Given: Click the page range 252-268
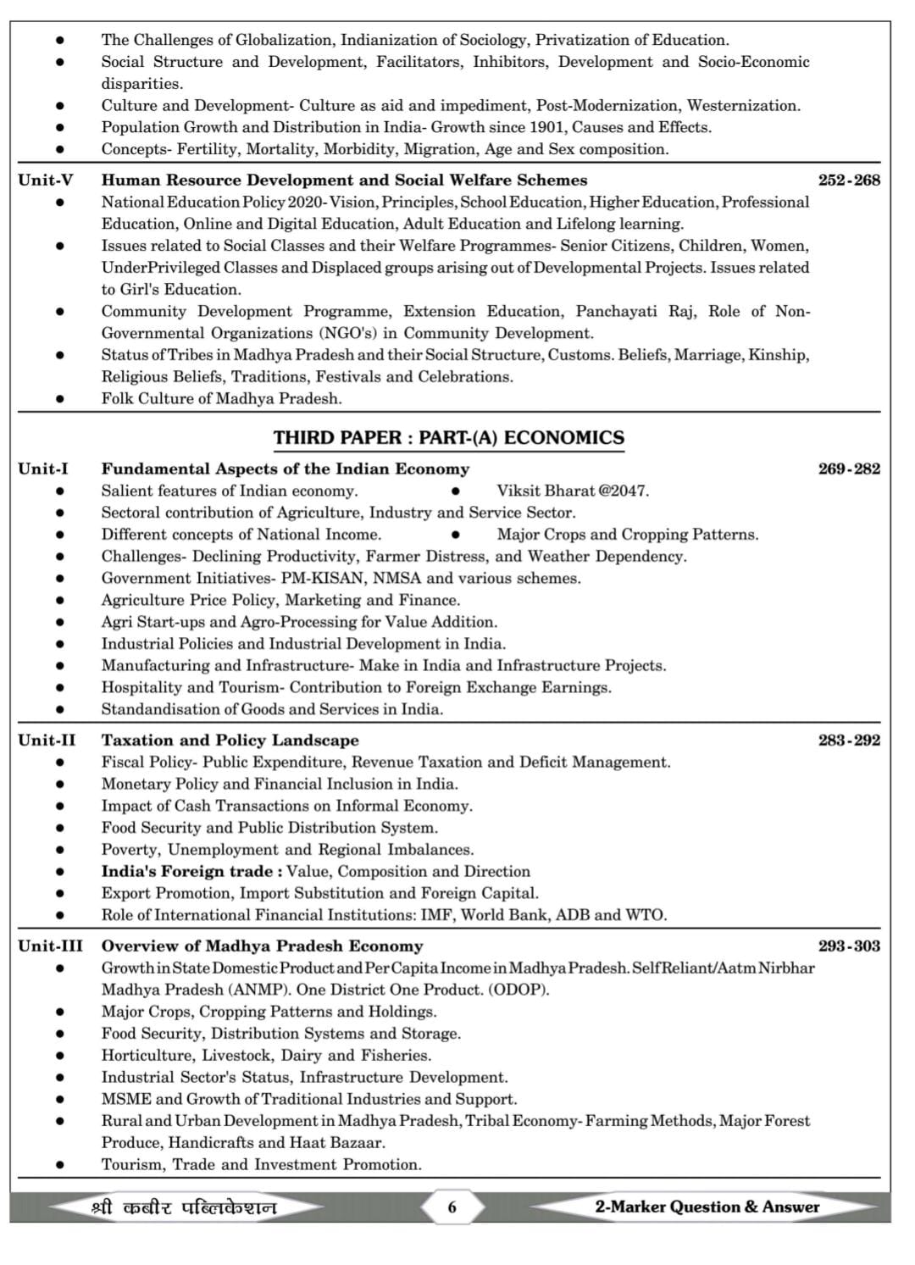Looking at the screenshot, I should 849,180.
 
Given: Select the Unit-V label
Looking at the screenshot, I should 46,180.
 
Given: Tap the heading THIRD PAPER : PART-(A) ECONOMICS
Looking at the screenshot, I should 448,438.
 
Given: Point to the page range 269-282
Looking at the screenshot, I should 849,469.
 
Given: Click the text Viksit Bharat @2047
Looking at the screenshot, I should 573,491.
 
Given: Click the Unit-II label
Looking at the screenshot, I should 47,741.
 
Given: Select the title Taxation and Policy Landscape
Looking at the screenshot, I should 230,741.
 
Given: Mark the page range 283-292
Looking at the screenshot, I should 849,741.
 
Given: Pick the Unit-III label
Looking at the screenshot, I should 50,946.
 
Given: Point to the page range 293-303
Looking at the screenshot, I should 849,946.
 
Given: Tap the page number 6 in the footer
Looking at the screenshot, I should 452,1207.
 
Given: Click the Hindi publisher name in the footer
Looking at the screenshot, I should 184,1207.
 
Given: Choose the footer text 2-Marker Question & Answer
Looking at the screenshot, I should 707,1207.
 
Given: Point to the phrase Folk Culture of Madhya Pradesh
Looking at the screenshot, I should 221,399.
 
